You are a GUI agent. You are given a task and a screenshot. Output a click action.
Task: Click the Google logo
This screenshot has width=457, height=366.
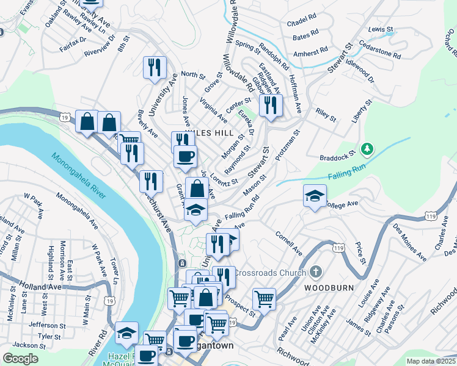click(21, 359)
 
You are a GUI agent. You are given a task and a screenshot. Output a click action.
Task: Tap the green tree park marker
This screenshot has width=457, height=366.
click(367, 148)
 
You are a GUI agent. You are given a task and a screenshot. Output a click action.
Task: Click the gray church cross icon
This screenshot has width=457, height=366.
click(315, 271)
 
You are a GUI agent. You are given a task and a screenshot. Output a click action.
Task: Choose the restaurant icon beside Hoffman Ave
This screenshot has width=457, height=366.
click(269, 105)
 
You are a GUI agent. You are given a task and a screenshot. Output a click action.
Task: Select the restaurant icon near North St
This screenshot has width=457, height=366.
click(155, 66)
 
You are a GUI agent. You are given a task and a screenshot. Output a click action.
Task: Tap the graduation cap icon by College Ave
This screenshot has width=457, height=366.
click(315, 196)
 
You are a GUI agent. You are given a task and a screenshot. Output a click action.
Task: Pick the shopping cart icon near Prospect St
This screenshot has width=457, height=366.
click(264, 299)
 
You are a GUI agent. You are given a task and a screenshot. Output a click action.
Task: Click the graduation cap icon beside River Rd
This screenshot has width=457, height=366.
click(126, 332)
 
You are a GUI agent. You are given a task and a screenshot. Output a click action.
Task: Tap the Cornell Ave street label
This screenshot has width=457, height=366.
click(288, 243)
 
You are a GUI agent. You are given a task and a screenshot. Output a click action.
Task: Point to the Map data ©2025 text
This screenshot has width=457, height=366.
click(430, 361)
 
